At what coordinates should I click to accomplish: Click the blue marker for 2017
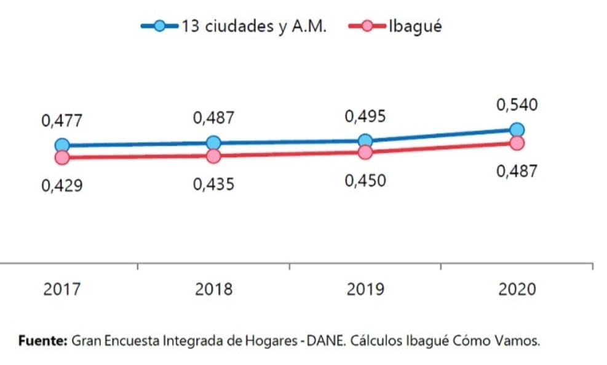(62, 146)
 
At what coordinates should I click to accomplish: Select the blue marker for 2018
(213, 143)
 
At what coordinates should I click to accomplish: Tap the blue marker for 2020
(517, 129)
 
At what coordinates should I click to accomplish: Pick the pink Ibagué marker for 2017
(62, 157)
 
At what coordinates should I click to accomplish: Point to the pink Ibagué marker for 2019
(365, 152)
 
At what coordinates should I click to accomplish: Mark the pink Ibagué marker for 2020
(517, 143)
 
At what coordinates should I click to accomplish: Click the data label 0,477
(61, 121)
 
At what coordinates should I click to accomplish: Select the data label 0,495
(365, 116)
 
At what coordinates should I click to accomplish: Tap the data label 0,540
(517, 105)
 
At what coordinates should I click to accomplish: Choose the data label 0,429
(61, 186)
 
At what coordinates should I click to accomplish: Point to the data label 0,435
(213, 184)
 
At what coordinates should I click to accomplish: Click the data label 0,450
(365, 181)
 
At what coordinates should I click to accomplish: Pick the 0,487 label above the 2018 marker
(213, 118)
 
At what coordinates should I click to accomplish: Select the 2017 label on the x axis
(62, 289)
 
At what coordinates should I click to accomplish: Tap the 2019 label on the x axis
(365, 289)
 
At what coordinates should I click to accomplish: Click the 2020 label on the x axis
(517, 289)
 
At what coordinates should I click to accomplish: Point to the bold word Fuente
(43, 340)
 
